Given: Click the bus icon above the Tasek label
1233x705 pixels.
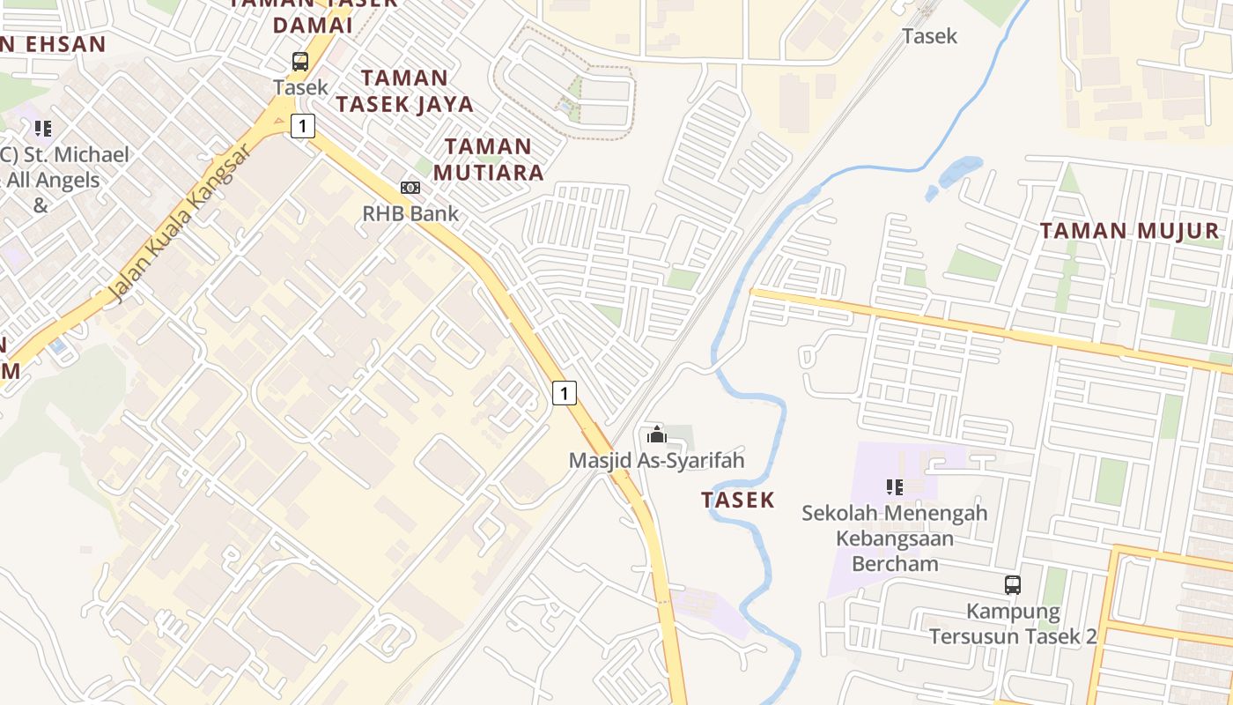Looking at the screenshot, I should [x=300, y=62].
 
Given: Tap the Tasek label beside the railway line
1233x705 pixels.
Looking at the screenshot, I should [x=929, y=36].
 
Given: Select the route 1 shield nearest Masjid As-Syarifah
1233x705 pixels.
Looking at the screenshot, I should [x=565, y=392].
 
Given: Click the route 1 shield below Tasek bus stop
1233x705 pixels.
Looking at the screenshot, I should [x=302, y=126].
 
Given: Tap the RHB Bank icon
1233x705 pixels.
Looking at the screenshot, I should [x=410, y=188].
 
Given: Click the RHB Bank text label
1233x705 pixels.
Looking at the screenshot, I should [x=410, y=213].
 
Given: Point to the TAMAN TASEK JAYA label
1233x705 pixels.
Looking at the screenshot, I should [x=404, y=91].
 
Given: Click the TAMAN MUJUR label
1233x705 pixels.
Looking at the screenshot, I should [x=1129, y=231].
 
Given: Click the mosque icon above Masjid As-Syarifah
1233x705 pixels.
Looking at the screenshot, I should [x=656, y=434].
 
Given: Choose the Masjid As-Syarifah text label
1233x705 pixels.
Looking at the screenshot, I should [x=656, y=460].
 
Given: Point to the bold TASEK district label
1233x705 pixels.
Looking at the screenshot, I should [x=738, y=501].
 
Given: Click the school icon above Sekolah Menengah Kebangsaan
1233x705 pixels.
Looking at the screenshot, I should [x=895, y=486].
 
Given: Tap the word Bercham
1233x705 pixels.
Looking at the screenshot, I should [x=894, y=564].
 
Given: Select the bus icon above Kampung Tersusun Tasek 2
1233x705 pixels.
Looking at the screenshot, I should [x=1013, y=584].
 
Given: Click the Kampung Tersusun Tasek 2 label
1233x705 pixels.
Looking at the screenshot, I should [x=1013, y=623].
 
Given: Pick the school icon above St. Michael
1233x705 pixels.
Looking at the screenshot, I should [x=43, y=130].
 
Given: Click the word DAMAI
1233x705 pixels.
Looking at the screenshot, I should [x=312, y=26].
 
